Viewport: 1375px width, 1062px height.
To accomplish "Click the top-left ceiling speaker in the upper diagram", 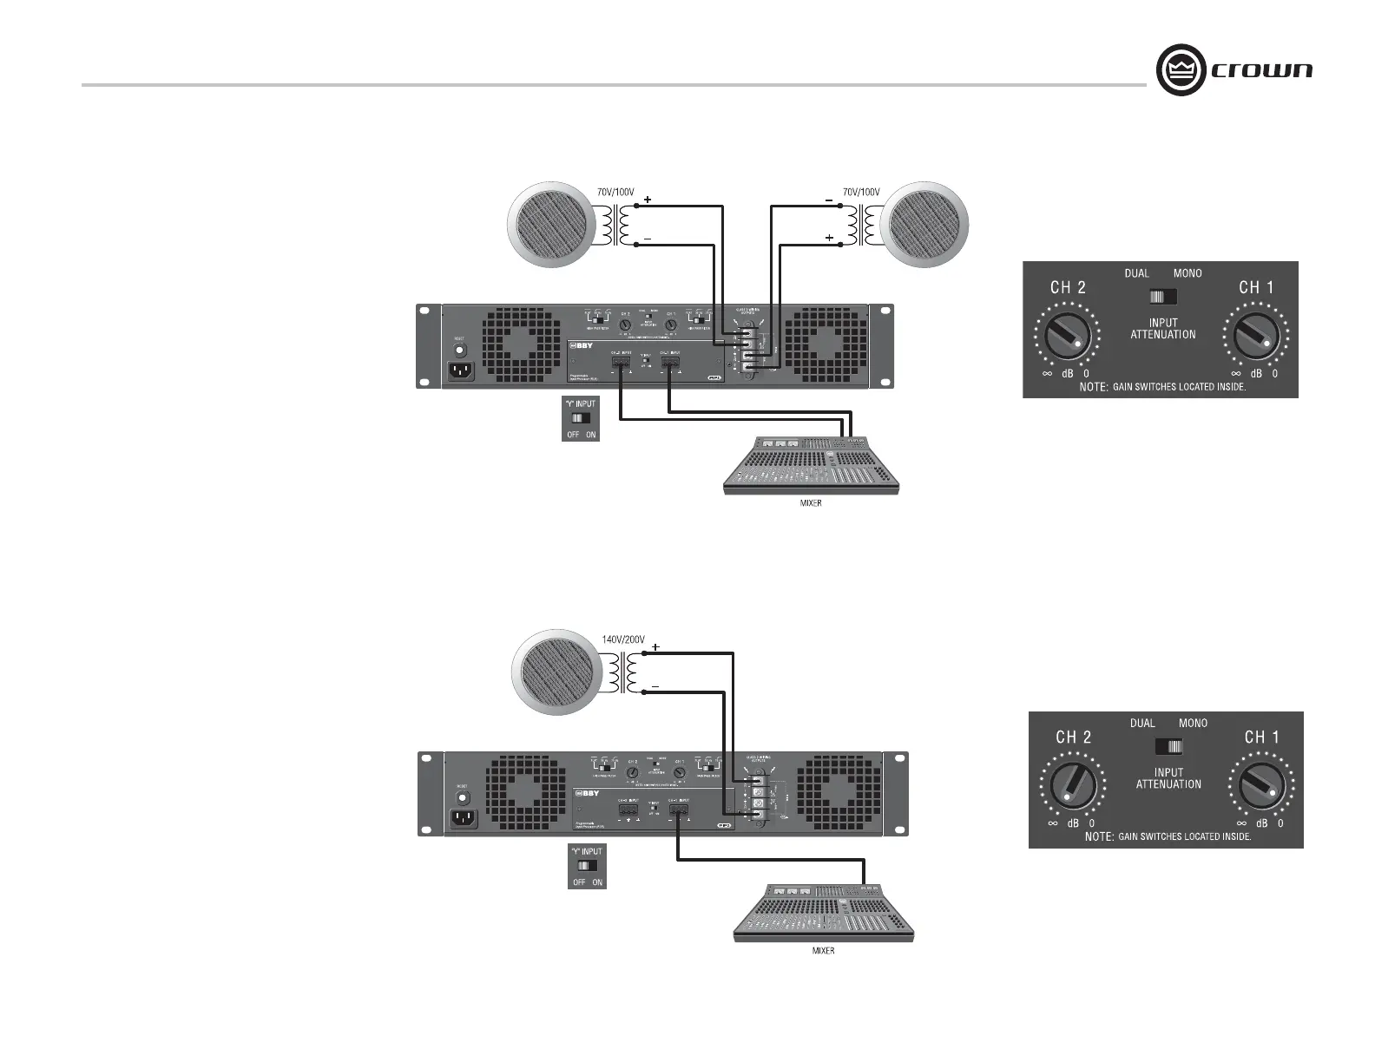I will (550, 225).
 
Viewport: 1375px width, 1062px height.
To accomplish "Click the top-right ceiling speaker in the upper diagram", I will (924, 225).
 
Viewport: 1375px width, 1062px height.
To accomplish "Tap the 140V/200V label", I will (623, 639).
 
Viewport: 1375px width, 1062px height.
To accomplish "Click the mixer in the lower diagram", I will (823, 913).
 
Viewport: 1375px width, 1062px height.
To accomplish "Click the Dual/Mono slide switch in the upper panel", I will (1162, 297).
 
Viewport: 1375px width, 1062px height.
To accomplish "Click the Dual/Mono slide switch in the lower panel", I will (1168, 746).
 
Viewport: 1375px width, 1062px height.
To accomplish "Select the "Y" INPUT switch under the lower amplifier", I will (587, 866).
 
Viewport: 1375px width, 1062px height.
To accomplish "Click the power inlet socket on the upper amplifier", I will (461, 372).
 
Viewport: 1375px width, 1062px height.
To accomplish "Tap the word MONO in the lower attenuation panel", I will (1193, 723).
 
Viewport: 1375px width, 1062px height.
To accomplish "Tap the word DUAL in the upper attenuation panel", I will (1136, 273).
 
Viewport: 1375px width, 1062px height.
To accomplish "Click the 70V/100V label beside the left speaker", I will (615, 192).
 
